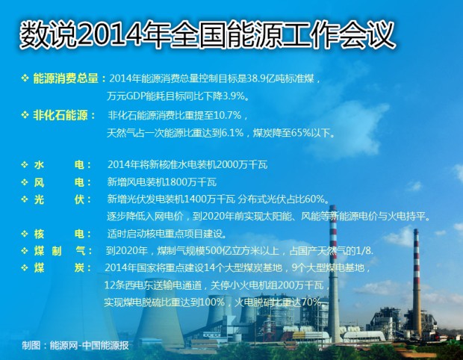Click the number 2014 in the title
(109, 34)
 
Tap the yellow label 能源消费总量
(66, 78)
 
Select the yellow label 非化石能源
(60, 115)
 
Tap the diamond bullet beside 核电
(25, 235)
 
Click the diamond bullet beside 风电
(25, 182)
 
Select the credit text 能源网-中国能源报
(89, 346)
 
